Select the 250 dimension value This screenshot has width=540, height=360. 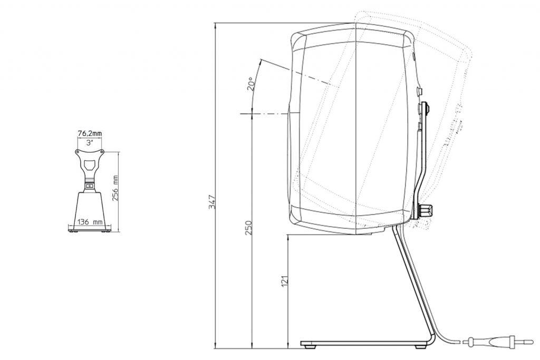[x=249, y=227]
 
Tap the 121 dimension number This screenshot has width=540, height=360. [x=285, y=282]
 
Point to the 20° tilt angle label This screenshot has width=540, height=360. [x=252, y=84]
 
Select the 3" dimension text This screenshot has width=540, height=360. [x=89, y=142]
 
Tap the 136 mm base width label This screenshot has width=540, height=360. [x=90, y=222]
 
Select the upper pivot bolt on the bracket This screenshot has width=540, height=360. [x=425, y=109]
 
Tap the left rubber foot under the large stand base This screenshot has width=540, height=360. [x=310, y=347]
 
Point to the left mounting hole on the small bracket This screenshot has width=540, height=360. [x=78, y=151]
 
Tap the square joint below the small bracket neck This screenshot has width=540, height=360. [x=90, y=186]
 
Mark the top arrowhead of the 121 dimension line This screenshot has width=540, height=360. [x=288, y=236]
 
